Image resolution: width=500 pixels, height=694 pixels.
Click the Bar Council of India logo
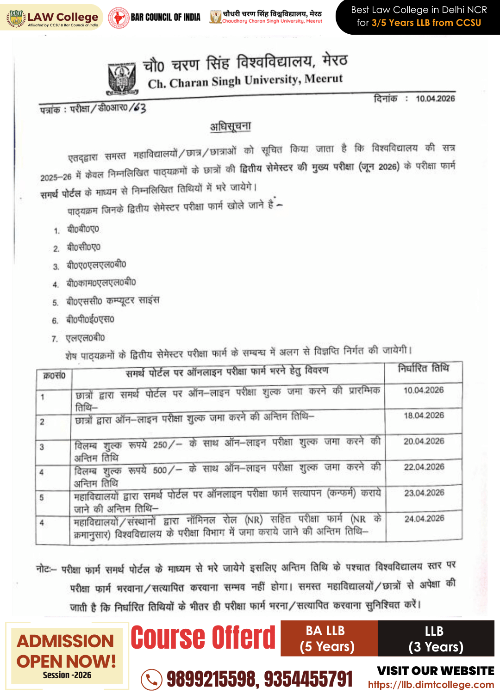tap(119, 18)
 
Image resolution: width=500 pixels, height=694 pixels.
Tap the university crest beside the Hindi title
tap(122, 77)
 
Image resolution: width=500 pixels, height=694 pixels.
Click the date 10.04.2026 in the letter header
tap(435, 99)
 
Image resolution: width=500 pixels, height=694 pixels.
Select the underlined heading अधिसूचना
tap(231, 126)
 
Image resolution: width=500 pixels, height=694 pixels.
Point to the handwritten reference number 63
tap(138, 108)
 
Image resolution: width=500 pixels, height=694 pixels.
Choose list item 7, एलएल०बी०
tap(85, 338)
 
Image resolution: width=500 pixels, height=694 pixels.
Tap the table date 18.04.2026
tap(424, 415)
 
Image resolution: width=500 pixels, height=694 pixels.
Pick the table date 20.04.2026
tap(424, 441)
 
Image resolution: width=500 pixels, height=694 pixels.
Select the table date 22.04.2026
tap(424, 467)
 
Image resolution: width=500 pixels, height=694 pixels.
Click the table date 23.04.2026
tap(424, 493)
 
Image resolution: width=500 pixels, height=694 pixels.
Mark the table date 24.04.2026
tap(424, 519)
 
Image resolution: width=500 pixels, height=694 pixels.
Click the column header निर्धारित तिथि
tap(423, 368)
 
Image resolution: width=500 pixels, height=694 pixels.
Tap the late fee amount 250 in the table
tap(160, 445)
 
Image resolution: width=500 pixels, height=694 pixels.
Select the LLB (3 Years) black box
tap(436, 638)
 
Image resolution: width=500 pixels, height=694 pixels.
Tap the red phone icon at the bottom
tap(151, 679)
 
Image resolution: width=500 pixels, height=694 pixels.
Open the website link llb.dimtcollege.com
tap(431, 685)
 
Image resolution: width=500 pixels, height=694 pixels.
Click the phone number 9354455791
tap(308, 679)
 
